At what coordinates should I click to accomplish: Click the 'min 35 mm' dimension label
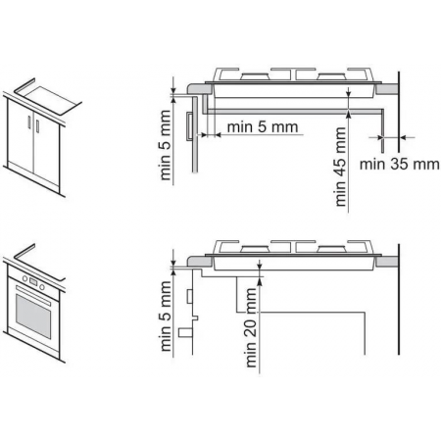399,164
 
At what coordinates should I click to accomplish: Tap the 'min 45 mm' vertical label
340,167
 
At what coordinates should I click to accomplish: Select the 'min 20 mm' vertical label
251,327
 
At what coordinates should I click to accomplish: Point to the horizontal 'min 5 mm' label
263,126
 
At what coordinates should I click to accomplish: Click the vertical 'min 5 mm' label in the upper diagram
166,145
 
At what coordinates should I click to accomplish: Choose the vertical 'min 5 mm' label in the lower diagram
166,317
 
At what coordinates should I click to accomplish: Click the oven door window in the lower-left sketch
33,317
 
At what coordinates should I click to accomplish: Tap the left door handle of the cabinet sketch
29,122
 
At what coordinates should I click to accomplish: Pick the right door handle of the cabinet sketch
37,126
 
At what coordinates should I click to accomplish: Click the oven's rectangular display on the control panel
33,281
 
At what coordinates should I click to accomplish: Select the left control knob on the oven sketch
24,278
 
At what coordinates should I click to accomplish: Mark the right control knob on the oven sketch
42,286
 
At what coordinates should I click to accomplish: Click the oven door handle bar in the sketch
33,296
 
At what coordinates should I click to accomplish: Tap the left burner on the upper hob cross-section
255,76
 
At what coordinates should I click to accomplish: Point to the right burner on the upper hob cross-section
332,76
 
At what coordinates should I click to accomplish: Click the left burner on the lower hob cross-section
255,249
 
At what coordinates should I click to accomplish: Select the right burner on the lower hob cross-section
332,249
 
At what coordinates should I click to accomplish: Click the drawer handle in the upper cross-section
189,126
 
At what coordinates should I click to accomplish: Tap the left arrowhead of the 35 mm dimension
380,137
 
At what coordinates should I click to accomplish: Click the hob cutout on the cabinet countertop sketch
52,100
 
